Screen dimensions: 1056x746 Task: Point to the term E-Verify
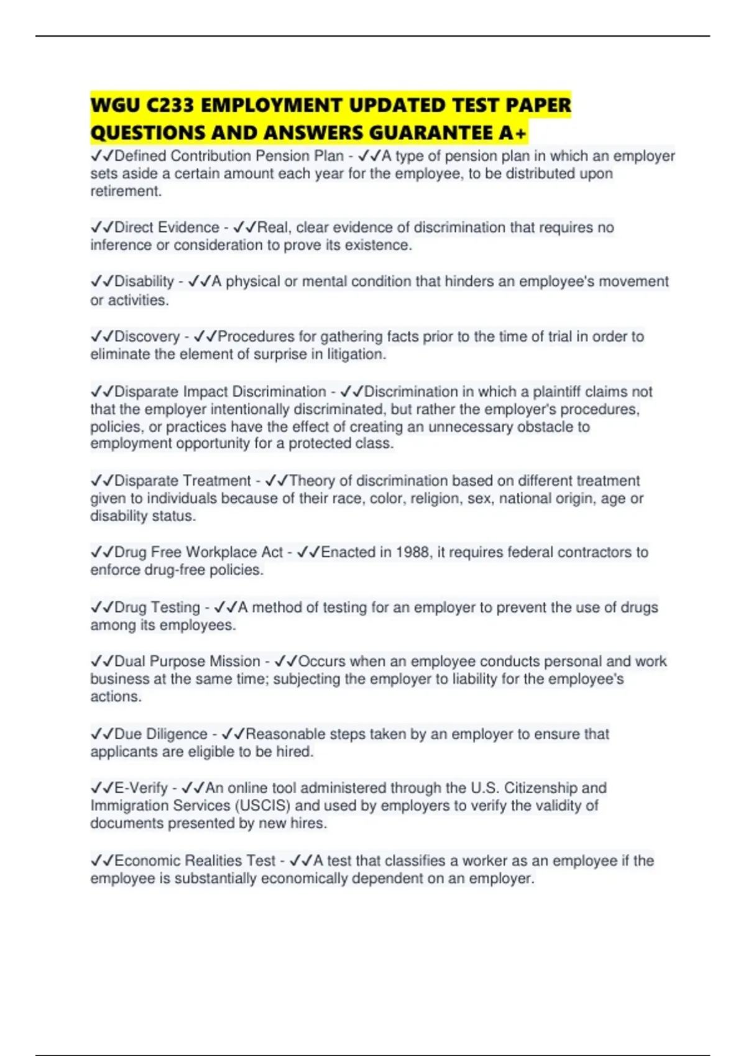tap(141, 788)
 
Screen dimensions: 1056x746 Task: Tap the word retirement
tap(125, 191)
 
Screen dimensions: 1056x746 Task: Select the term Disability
tap(144, 281)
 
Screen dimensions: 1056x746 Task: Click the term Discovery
tap(147, 337)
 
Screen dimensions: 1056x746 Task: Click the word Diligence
tap(177, 734)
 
